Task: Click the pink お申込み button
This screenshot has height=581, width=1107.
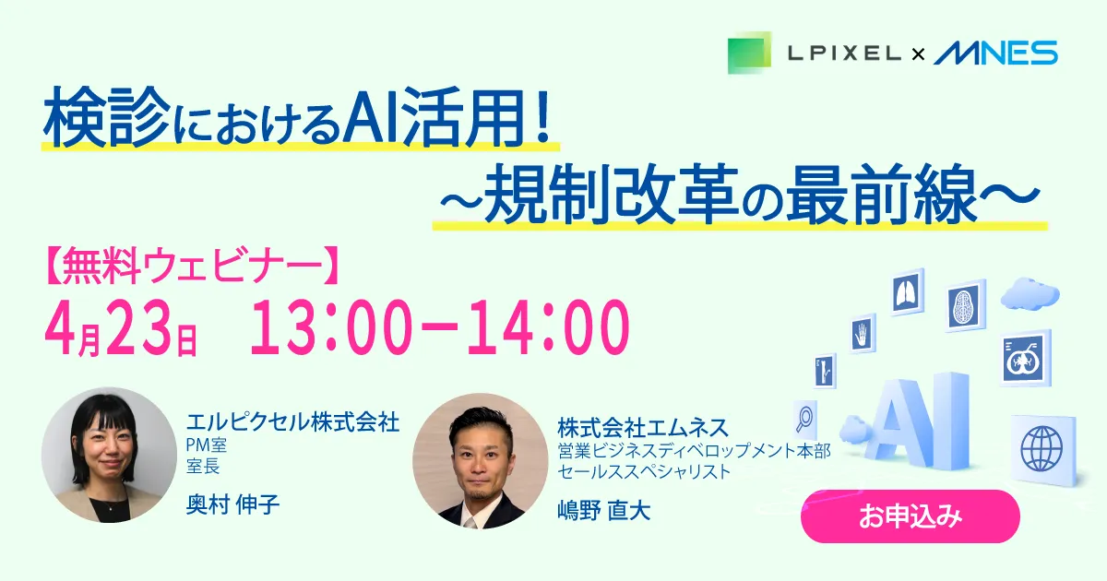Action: click(x=911, y=516)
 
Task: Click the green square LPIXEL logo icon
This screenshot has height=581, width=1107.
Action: click(x=749, y=53)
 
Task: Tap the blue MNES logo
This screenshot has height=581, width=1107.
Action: click(x=995, y=53)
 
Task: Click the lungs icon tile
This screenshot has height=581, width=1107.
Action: click(x=908, y=292)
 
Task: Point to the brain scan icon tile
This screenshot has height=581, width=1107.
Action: click(x=965, y=306)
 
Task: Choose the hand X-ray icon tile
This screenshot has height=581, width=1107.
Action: click(x=863, y=334)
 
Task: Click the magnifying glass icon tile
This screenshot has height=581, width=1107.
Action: click(x=805, y=420)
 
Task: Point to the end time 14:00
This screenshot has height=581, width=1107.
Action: click(x=549, y=327)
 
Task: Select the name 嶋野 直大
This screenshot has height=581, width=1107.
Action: click(x=604, y=510)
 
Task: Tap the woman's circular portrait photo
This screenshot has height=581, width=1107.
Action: click(x=109, y=455)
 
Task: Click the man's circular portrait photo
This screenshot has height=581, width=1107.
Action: click(x=481, y=461)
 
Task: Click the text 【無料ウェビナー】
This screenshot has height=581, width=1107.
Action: click(x=193, y=267)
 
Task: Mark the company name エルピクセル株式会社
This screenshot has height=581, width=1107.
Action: click(x=292, y=422)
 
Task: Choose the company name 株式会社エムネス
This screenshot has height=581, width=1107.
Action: click(x=643, y=428)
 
